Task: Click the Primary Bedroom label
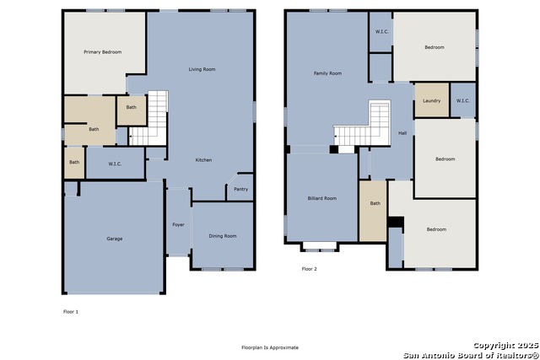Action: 103,52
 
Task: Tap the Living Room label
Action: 202,69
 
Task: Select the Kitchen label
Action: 203,160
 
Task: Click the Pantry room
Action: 240,187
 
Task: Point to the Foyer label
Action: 178,225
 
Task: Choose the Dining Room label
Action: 223,236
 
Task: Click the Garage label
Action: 115,239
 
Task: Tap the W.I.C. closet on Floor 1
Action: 115,163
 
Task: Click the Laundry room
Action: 432,99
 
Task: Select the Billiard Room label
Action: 322,198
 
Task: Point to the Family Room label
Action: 327,73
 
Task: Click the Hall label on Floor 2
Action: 402,133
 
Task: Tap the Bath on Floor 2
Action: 373,211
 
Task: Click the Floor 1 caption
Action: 71,312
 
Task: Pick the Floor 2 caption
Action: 310,269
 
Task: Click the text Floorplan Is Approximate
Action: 270,347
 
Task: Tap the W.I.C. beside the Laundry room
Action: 463,100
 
